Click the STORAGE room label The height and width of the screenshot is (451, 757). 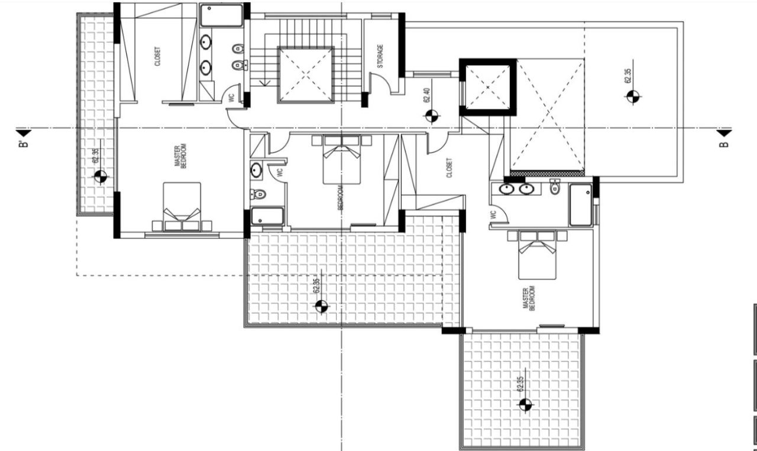coord(380,56)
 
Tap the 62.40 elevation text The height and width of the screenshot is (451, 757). coord(426,96)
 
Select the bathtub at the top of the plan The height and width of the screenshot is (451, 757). coord(222,15)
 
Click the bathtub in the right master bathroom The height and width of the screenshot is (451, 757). coord(580,205)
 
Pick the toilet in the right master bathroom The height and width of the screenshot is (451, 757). coord(554,187)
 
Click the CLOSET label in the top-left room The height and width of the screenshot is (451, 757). coord(157,56)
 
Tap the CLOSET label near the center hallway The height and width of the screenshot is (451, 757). coord(449,167)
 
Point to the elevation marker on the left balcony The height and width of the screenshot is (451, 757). coord(100,176)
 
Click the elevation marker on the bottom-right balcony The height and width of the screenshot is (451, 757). coord(525,405)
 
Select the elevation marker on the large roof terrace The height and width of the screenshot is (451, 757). coord(632,97)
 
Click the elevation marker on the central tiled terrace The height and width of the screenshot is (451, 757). coord(321,306)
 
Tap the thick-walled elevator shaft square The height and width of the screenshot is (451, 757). coord(488,87)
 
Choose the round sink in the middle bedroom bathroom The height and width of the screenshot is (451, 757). coord(256,170)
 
